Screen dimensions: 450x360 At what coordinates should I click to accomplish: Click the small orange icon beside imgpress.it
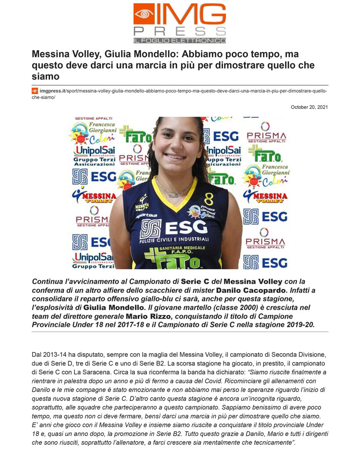click(35, 91)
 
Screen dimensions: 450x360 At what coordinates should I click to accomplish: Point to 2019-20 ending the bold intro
click(300, 325)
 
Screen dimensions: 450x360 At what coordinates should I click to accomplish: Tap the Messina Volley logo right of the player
click(265, 196)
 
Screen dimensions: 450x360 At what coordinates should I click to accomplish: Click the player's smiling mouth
click(175, 156)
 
